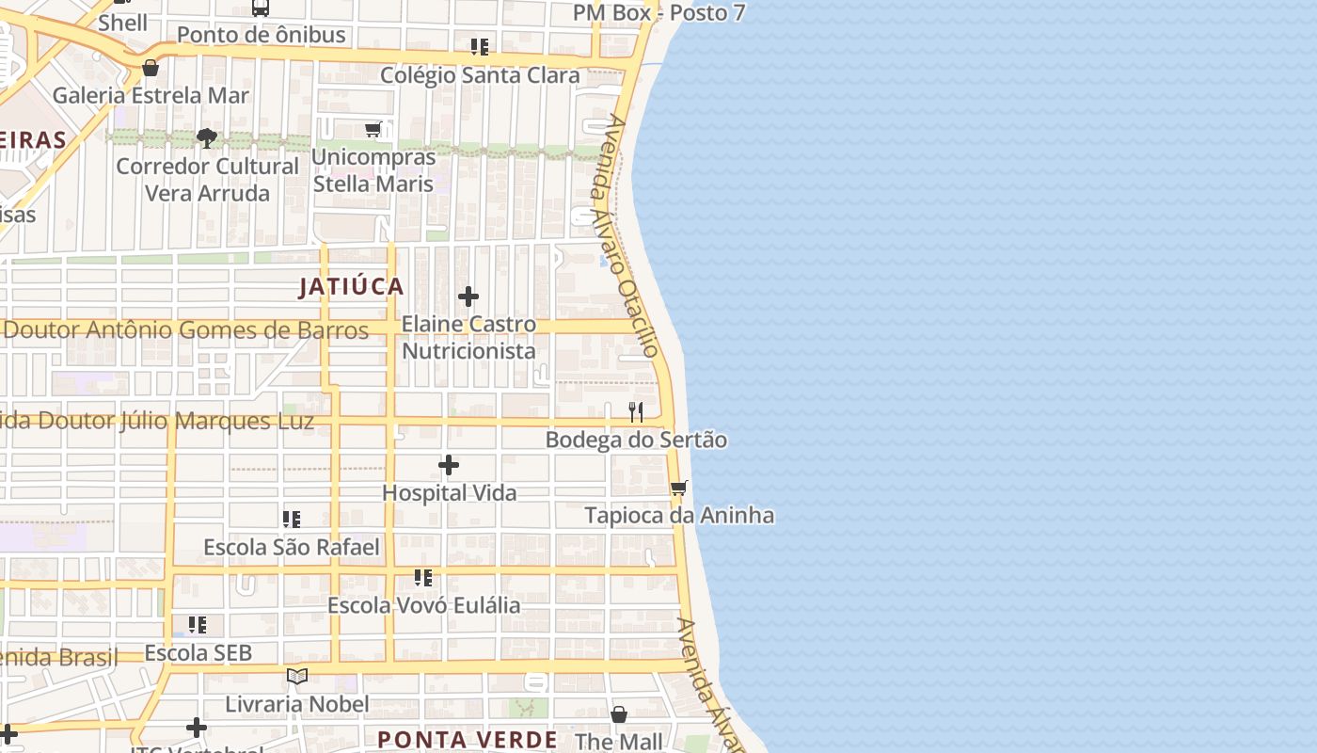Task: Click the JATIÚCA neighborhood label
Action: point(352,287)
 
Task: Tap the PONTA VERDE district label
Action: point(468,739)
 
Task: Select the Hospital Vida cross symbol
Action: point(449,465)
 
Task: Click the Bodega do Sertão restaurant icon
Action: point(636,411)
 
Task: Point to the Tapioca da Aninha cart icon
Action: point(678,488)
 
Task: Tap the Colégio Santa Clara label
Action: point(480,75)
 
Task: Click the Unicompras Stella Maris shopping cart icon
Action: point(373,129)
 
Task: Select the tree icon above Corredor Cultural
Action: point(207,139)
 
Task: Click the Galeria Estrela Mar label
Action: point(151,95)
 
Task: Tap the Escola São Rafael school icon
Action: point(292,519)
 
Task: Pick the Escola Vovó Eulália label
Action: point(423,605)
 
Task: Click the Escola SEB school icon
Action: point(198,624)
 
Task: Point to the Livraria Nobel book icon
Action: point(297,676)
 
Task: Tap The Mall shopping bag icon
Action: point(619,714)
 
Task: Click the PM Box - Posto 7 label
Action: point(658,13)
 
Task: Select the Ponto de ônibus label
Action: point(262,36)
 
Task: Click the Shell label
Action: point(123,23)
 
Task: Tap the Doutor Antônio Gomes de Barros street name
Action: point(186,330)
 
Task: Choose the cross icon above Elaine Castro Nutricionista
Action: point(468,296)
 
